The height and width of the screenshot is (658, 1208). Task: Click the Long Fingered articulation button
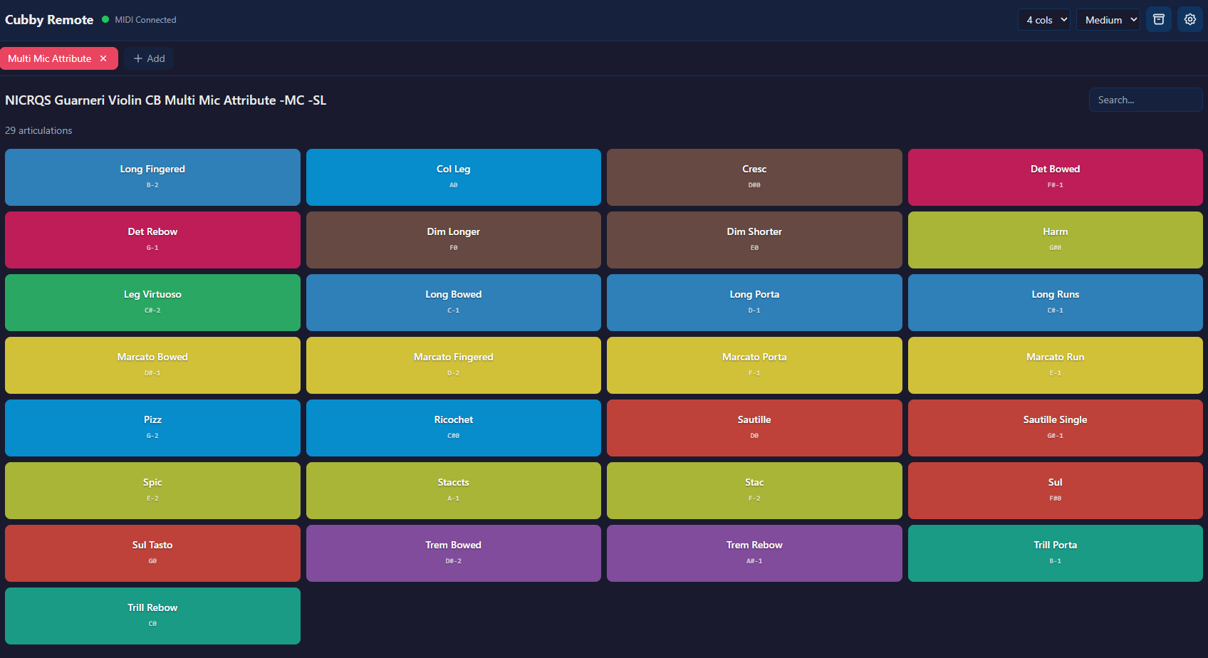[152, 177]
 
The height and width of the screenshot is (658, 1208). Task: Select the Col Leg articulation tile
[453, 177]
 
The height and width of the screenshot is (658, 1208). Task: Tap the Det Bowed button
[1055, 177]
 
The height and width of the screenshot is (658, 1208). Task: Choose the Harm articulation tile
[1055, 239]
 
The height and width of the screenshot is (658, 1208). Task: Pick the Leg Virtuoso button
[152, 302]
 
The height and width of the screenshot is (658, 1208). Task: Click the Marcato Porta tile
[754, 365]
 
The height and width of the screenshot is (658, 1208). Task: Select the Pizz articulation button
[152, 427]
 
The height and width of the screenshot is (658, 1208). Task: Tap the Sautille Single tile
[1055, 427]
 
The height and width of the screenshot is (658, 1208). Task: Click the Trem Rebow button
[754, 553]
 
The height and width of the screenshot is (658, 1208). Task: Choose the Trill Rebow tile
[152, 615]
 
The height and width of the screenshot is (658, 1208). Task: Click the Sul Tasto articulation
[152, 553]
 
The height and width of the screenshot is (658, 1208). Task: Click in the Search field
[1145, 100]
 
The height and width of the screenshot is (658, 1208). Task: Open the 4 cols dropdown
[1043, 20]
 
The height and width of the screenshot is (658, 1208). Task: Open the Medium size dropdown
[1108, 20]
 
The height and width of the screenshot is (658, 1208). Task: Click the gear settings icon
[1189, 19]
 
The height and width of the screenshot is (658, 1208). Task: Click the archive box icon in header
[1158, 19]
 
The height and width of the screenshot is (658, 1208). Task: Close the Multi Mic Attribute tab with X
[103, 58]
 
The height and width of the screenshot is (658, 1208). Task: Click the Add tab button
[149, 58]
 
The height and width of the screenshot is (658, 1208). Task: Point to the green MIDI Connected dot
[105, 19]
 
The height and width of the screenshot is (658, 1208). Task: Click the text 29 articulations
[38, 130]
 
